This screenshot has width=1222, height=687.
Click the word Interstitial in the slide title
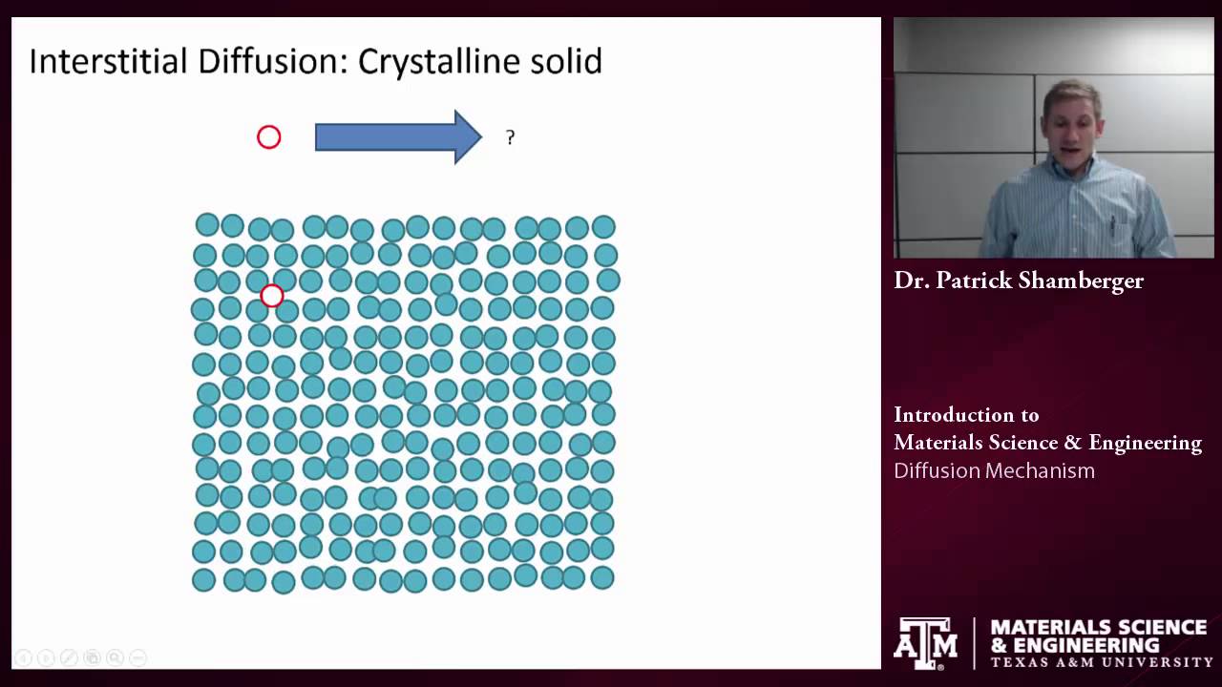click(x=108, y=61)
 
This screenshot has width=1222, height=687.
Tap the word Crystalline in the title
click(x=439, y=61)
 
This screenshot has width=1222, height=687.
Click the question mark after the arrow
click(x=510, y=138)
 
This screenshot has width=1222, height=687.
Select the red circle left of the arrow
click(x=269, y=137)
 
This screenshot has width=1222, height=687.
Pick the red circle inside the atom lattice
click(x=272, y=296)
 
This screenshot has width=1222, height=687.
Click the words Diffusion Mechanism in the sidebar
click(x=994, y=470)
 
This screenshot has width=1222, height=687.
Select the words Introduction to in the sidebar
click(x=966, y=415)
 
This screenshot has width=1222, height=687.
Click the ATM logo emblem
click(x=925, y=642)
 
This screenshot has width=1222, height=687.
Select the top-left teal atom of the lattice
click(x=206, y=225)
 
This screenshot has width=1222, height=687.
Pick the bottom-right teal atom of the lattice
click(x=601, y=577)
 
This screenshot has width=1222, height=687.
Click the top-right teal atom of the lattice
click(x=603, y=227)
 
